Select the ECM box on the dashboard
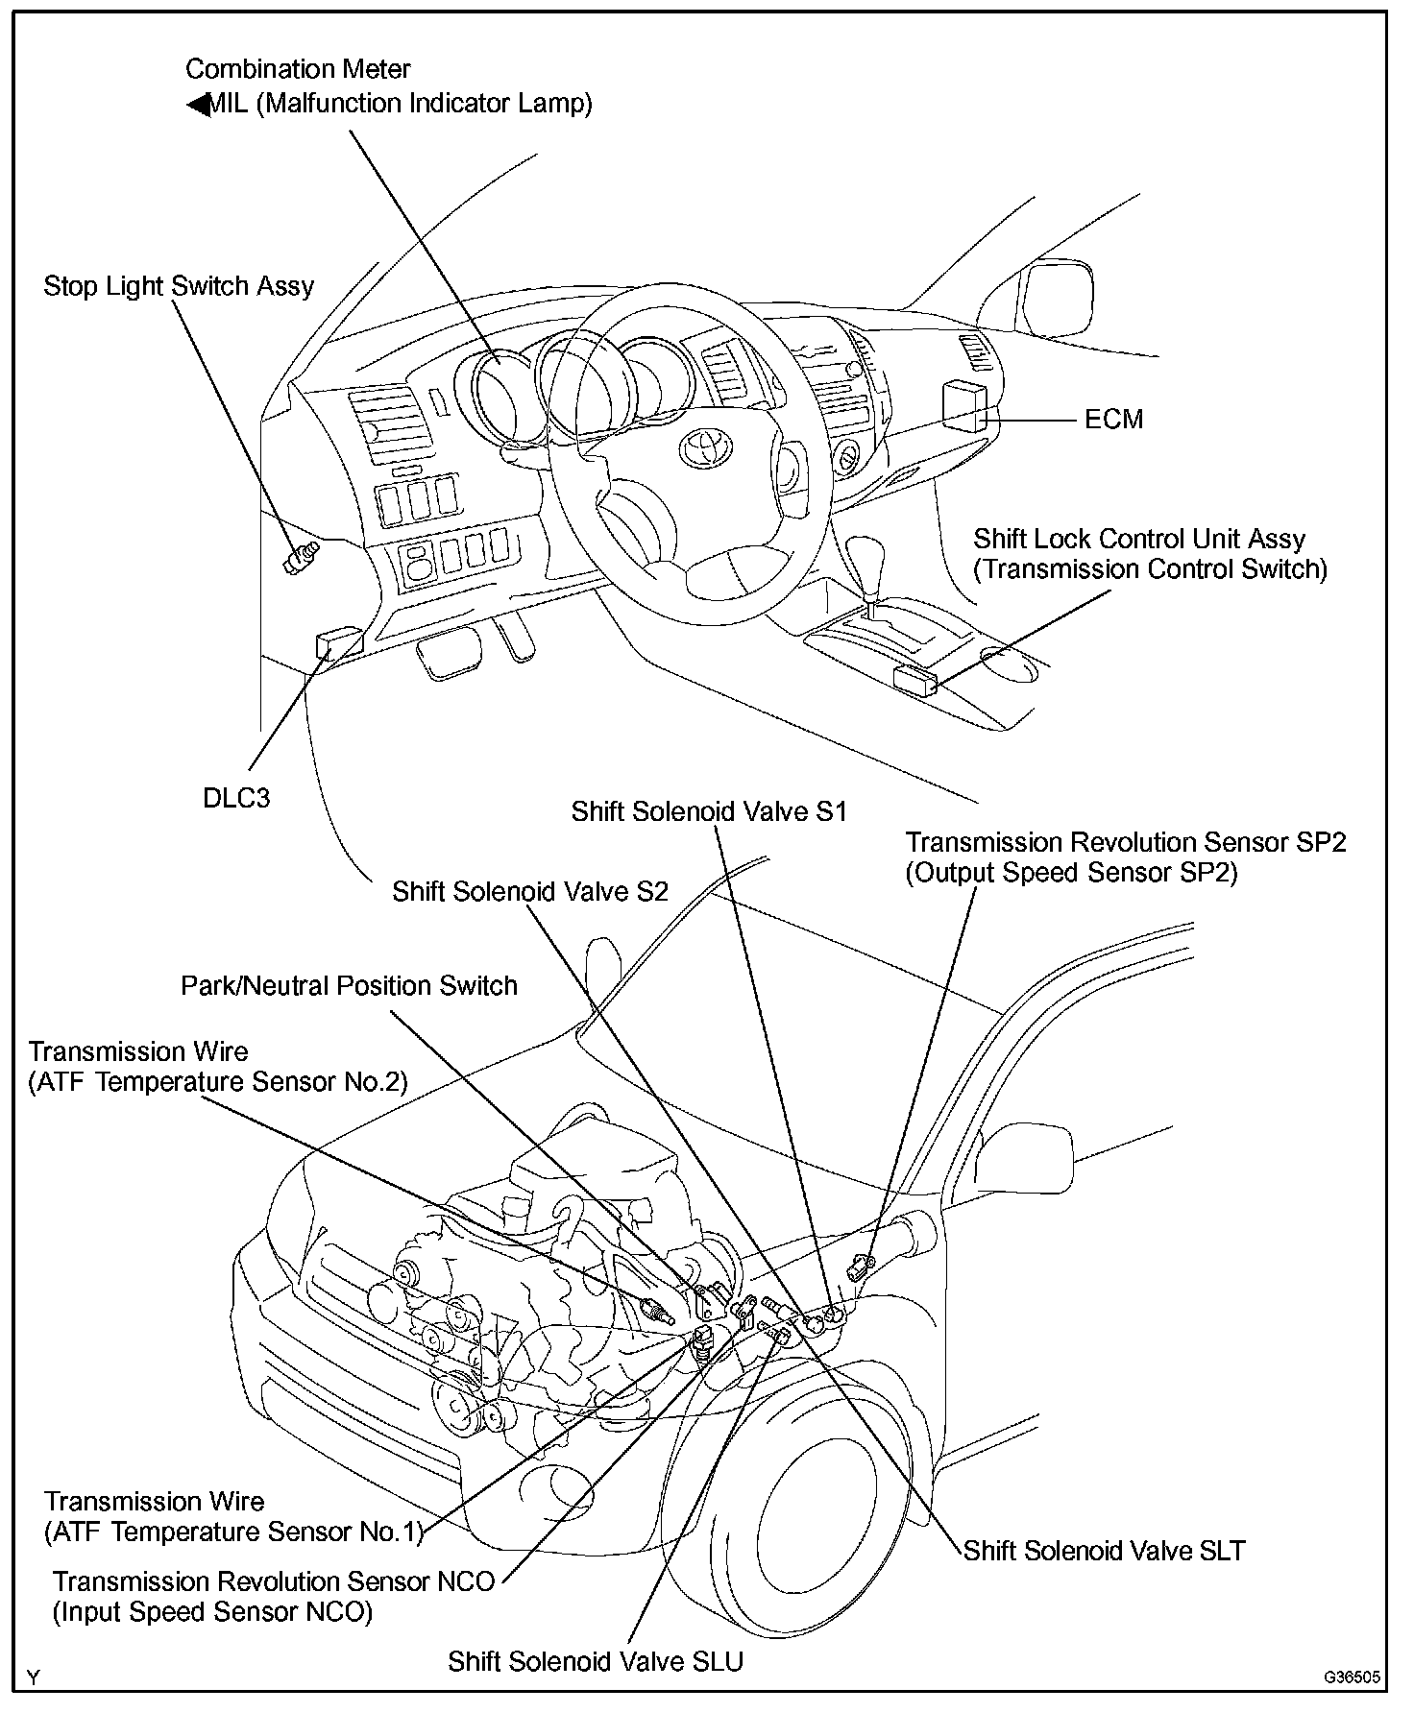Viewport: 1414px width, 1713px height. (963, 406)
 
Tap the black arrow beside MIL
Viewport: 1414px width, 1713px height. (198, 104)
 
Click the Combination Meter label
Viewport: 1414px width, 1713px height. (298, 69)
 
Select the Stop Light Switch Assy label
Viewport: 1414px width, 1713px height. (179, 286)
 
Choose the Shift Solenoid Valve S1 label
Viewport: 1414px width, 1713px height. (709, 811)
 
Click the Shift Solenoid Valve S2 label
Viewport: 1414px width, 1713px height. (529, 891)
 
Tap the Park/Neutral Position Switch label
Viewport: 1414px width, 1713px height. (350, 985)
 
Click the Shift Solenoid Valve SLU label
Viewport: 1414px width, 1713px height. (596, 1661)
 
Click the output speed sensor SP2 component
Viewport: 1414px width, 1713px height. (860, 1267)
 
